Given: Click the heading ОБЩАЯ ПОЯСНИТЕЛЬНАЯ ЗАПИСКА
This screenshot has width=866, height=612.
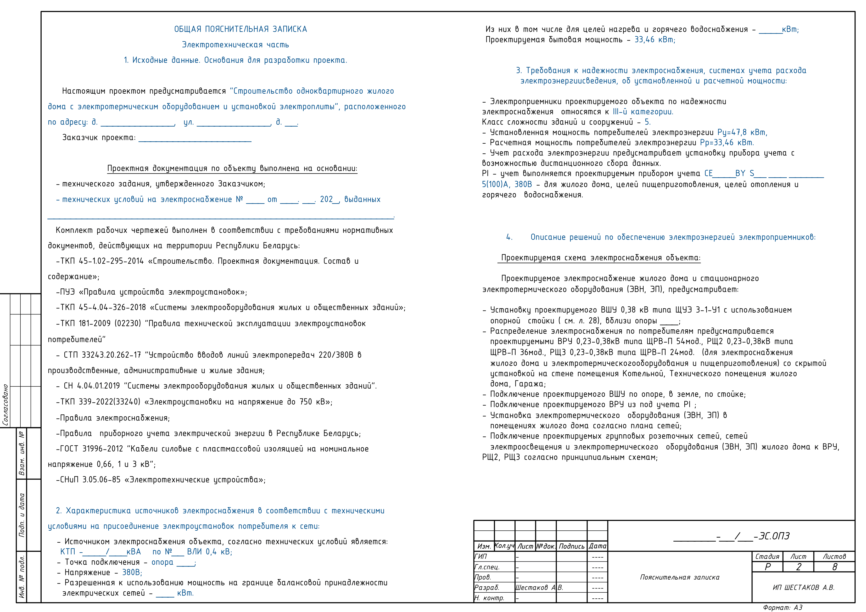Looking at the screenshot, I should point(240,29).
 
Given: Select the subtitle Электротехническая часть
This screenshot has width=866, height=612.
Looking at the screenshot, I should point(235,45).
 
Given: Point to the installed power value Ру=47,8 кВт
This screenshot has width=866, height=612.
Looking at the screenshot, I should point(742,132).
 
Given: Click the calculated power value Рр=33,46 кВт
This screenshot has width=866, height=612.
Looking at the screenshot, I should point(727,143).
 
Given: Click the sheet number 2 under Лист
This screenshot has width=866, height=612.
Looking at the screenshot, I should point(798,567).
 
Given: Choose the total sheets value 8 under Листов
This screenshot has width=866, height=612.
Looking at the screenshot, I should point(835,567).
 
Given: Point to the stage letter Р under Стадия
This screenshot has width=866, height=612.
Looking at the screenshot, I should point(768,567).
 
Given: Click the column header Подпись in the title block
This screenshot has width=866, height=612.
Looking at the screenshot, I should point(571,546).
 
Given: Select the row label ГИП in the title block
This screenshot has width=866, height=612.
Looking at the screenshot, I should point(481,557).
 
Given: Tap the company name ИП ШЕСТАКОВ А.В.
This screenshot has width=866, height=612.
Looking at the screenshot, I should point(803,587).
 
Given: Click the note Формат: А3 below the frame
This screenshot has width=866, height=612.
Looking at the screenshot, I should point(783,608).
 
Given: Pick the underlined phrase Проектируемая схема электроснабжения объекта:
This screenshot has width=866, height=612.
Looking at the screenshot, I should point(600,258).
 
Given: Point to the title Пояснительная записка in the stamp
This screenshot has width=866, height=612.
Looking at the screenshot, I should point(680,577).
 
